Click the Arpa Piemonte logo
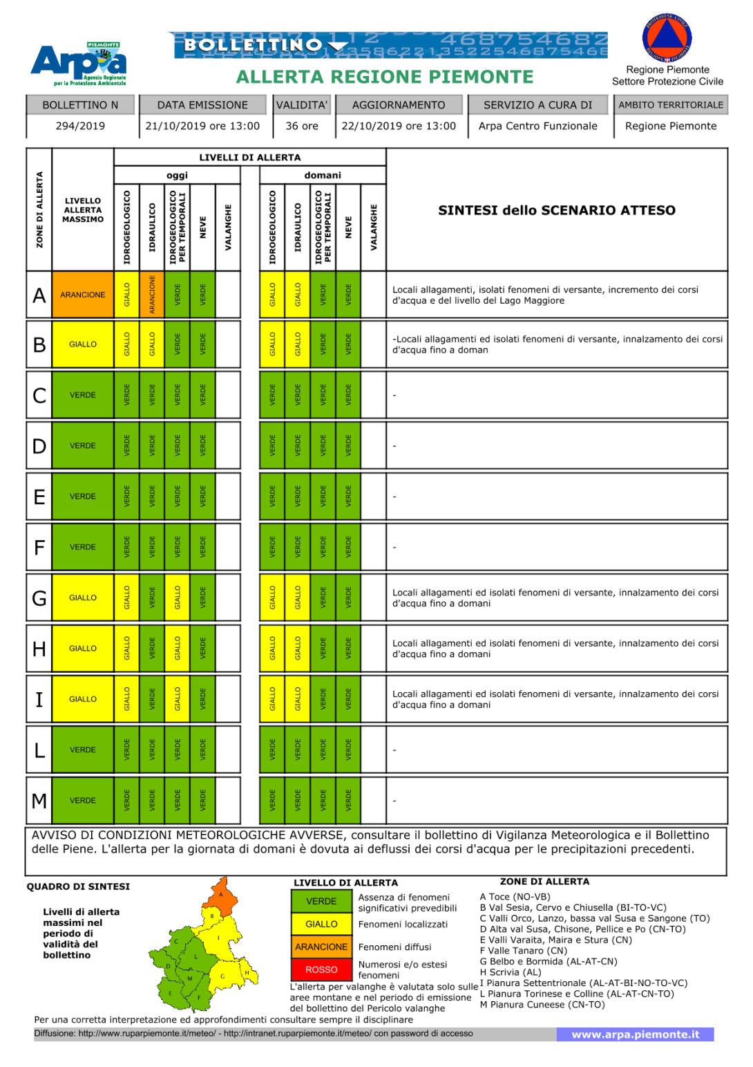(79, 63)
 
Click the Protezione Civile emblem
(667, 38)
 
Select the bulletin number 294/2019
(80, 126)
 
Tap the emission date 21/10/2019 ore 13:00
(202, 126)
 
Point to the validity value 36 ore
(302, 126)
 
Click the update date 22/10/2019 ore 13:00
(399, 126)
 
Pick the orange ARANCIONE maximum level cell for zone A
(83, 295)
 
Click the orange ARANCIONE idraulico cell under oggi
(152, 295)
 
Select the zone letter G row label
(39, 598)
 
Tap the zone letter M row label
(39, 801)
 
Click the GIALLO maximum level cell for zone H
(83, 649)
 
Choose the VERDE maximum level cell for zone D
(83, 446)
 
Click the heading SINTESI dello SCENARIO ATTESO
(557, 210)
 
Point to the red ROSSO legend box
(321, 969)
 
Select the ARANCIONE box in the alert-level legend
(321, 947)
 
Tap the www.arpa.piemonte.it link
(635, 1034)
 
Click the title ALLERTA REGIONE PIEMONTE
(385, 77)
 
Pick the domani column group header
(323, 175)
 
